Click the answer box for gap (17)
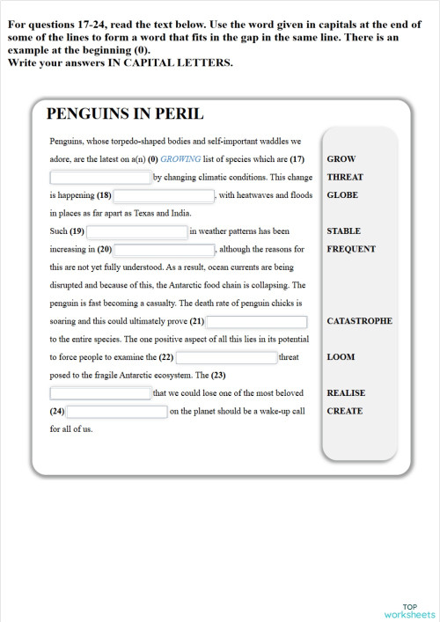tap(100, 178)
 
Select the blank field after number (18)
tap(165, 195)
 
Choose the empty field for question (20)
tap(164, 250)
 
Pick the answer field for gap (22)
tap(226, 358)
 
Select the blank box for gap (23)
tap(100, 393)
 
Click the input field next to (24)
tap(117, 412)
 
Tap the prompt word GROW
tap(341, 159)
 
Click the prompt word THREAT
tap(344, 177)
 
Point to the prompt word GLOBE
tap(342, 194)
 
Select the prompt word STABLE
tap(343, 231)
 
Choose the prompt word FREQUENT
tap(351, 249)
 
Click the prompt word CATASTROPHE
tap(359, 321)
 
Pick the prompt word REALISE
tap(346, 393)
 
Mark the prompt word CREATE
tap(344, 411)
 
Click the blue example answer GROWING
tap(181, 159)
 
